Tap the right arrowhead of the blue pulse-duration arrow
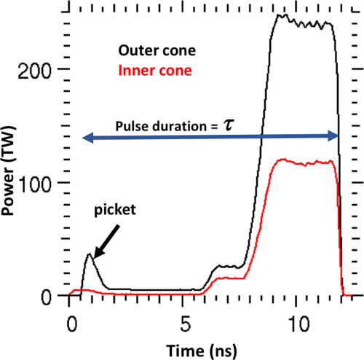333,136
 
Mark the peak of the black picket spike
89,254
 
